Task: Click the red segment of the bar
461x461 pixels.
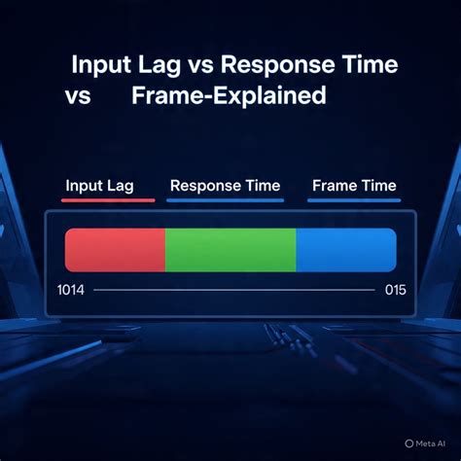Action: tap(115, 250)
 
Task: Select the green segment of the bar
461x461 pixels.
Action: tap(230, 250)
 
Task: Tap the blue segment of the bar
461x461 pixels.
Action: tap(345, 250)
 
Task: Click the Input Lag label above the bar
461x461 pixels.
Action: tap(99, 186)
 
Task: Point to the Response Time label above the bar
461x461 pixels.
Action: tap(225, 186)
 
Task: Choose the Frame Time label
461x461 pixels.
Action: tap(353, 186)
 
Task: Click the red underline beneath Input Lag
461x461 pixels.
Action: tap(107, 200)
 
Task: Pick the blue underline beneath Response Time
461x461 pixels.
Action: tap(225, 200)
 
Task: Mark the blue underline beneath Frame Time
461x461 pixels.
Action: tap(353, 200)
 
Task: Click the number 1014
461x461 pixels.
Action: tap(71, 290)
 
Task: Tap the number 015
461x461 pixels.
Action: tap(394, 290)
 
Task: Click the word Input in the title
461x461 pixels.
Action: tap(103, 67)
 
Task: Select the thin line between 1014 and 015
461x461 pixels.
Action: tap(233, 290)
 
